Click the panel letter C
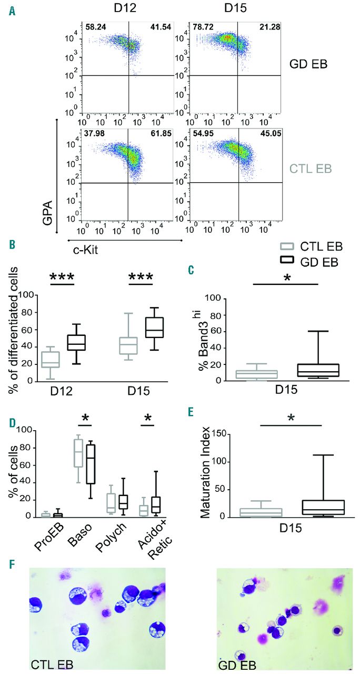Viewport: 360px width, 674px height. [191, 271]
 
